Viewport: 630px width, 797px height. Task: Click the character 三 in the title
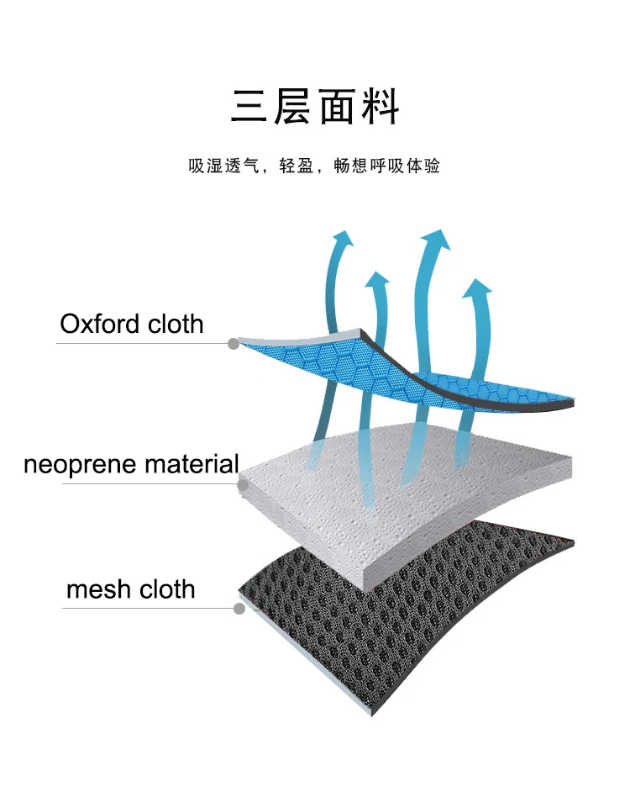[x=249, y=107]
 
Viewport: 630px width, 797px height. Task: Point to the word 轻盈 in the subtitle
[x=297, y=166]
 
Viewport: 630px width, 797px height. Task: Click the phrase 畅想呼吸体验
[x=386, y=166]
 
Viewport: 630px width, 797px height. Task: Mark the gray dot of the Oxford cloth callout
[x=234, y=343]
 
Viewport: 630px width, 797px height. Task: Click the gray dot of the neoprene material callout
[x=244, y=485]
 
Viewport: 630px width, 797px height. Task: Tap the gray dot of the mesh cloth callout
[x=239, y=608]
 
